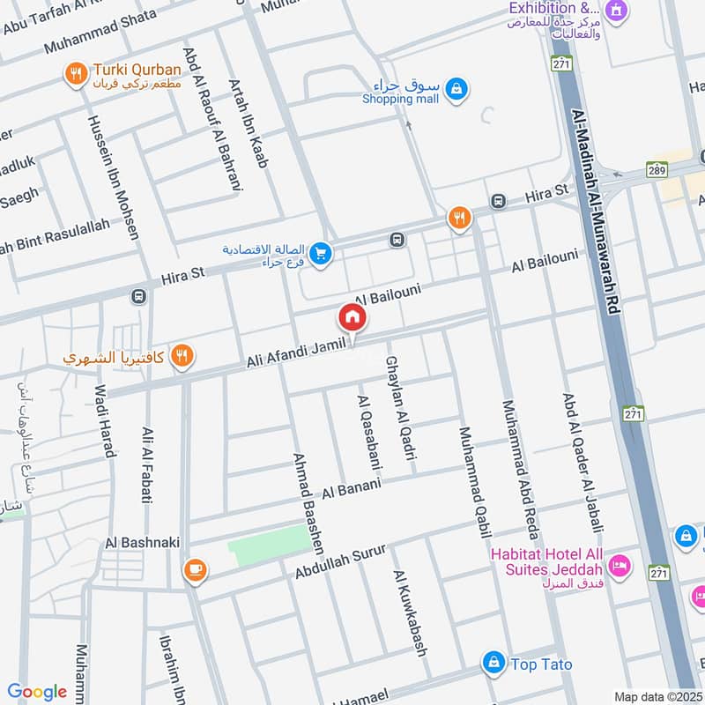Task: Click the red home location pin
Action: [352, 317]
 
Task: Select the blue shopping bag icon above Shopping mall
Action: [456, 87]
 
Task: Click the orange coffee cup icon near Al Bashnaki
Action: [194, 570]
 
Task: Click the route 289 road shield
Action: [656, 169]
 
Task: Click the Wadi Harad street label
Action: [105, 421]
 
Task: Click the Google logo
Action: [37, 692]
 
